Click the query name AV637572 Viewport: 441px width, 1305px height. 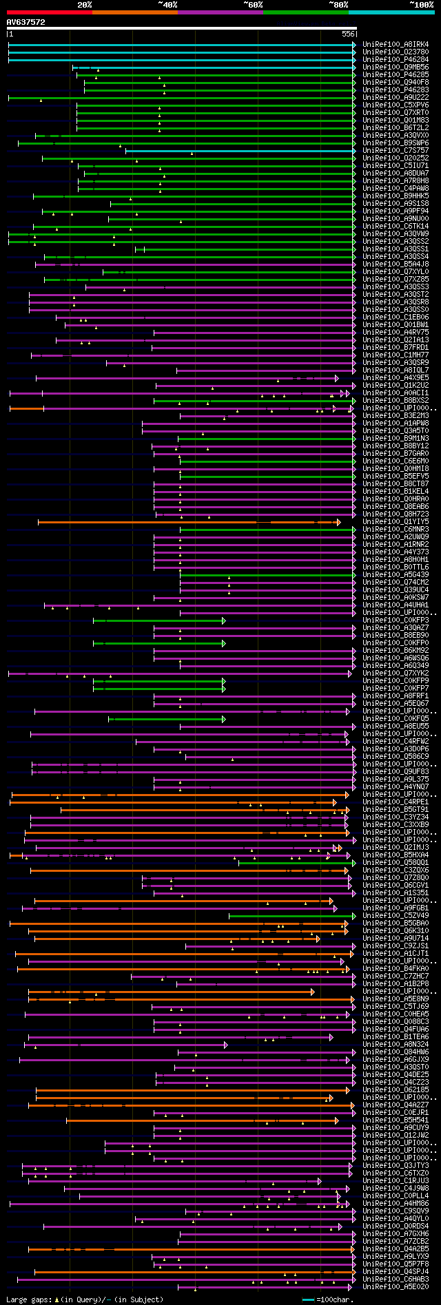pyautogui.click(x=26, y=22)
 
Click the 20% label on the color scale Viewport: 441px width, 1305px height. pyautogui.click(x=84, y=5)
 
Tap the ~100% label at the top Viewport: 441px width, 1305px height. pyautogui.click(x=421, y=5)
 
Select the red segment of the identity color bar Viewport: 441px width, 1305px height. pyautogui.click(x=49, y=12)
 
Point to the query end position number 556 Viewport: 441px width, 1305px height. pyautogui.click(x=348, y=34)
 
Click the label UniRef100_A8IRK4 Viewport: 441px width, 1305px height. pyautogui.click(x=396, y=45)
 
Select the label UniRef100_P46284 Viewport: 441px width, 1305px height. pyautogui.click(x=396, y=60)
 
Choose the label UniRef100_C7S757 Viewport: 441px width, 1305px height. pyautogui.click(x=396, y=151)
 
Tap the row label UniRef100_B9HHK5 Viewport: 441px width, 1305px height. pyautogui.click(x=396, y=196)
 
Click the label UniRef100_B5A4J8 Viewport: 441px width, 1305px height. pyautogui.click(x=396, y=264)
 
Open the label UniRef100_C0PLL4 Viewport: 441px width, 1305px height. pyautogui.click(x=396, y=1196)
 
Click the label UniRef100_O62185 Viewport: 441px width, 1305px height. pyautogui.click(x=396, y=1090)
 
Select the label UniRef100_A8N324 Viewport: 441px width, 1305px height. pyautogui.click(x=396, y=1045)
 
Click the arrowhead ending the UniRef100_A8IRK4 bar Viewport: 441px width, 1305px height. pyautogui.click(x=354, y=45)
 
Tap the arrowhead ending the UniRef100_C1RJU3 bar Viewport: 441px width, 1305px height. pyautogui.click(x=320, y=1181)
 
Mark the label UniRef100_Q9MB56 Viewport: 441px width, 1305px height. pyautogui.click(x=396, y=67)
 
